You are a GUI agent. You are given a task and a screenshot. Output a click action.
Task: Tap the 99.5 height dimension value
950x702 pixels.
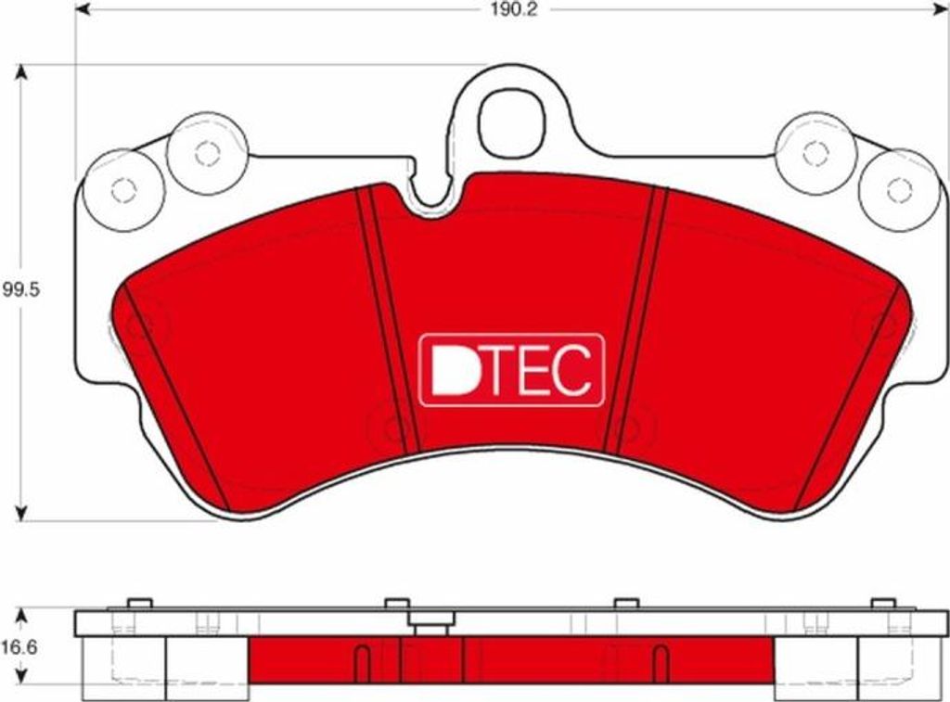(x=21, y=289)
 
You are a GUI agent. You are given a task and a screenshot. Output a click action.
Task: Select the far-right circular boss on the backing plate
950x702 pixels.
(x=899, y=189)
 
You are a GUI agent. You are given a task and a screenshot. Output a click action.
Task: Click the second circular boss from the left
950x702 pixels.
(x=207, y=152)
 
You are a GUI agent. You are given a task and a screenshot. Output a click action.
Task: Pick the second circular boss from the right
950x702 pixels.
(x=815, y=152)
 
